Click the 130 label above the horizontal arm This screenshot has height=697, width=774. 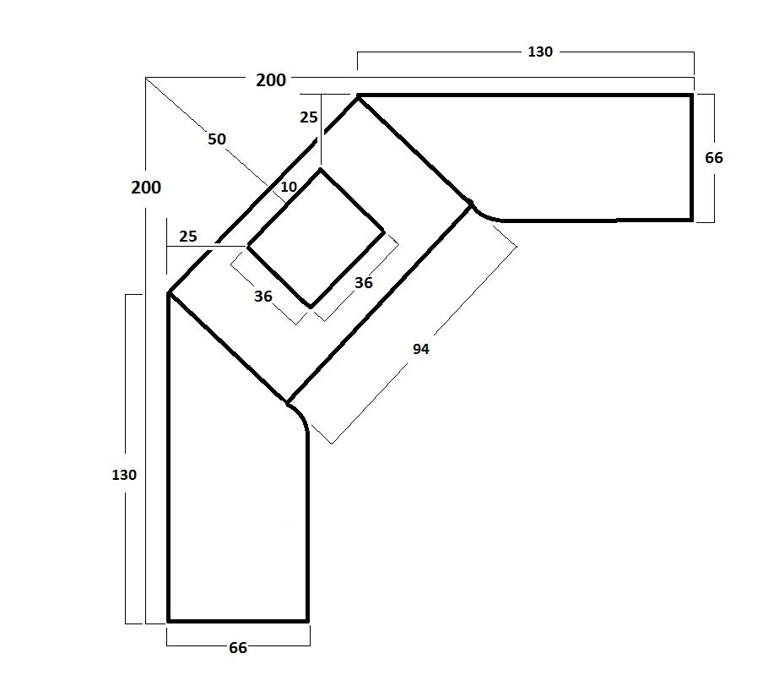click(x=540, y=52)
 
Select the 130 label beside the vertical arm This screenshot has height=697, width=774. click(x=124, y=475)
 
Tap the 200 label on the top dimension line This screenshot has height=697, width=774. click(x=271, y=80)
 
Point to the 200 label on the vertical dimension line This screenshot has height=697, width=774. click(x=146, y=188)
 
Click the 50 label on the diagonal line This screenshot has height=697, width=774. click(x=217, y=139)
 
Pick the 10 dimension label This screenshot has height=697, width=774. click(x=289, y=187)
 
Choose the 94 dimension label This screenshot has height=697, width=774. click(x=421, y=349)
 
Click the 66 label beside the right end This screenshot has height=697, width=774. click(x=714, y=158)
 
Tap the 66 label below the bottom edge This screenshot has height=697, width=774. click(x=238, y=648)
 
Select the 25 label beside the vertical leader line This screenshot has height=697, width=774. click(x=309, y=117)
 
